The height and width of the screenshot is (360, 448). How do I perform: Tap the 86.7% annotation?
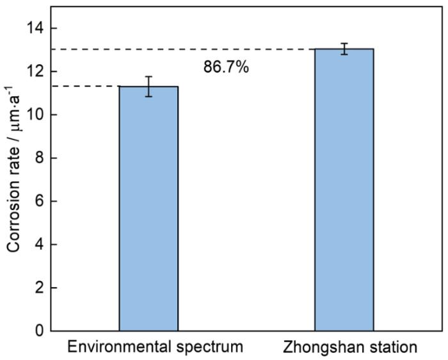[226, 67]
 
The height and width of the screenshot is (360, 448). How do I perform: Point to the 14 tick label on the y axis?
[34, 28]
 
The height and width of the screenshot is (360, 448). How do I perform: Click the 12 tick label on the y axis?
[34, 71]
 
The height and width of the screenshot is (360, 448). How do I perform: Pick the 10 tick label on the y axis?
[34, 115]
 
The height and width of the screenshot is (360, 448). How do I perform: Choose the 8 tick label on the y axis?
[38, 158]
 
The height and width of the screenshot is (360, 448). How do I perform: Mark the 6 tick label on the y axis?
[38, 201]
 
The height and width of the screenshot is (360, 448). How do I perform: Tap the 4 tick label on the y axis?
[38, 245]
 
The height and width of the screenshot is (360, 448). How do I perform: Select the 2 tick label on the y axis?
[38, 288]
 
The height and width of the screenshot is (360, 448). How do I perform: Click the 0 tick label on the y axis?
[38, 331]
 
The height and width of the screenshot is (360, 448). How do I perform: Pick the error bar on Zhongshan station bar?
[344, 49]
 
